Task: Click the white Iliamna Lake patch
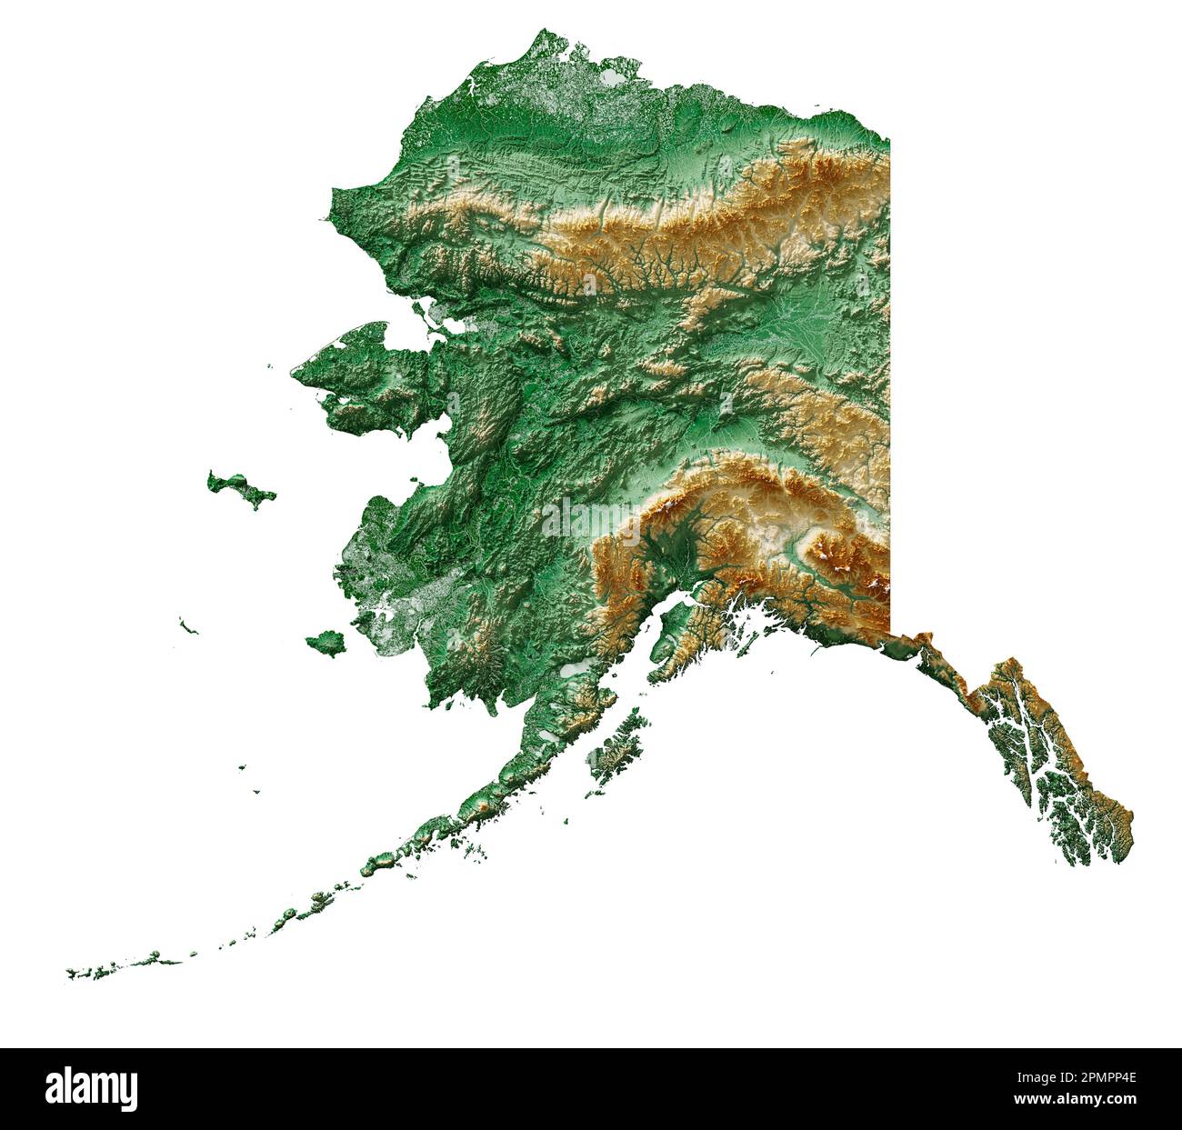[x=575, y=670]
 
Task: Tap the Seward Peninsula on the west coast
[x=364, y=364]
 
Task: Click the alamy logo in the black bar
[x=92, y=1087]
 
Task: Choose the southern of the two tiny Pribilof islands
[x=256, y=791]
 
